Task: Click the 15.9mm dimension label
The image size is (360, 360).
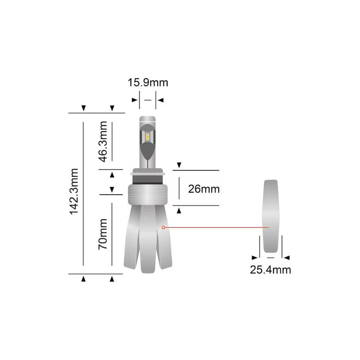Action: coord(148,82)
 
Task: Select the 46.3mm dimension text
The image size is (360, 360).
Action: coord(103,141)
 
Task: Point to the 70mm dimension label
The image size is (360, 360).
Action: coord(103,234)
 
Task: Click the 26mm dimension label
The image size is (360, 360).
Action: coord(204,189)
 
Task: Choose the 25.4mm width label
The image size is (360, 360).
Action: coord(270,269)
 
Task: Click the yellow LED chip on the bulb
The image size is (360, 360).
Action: coord(148,135)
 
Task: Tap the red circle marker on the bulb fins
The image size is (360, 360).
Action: coord(164,226)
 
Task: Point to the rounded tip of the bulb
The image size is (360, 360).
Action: coord(148,119)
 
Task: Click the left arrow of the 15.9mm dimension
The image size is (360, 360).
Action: coord(134,100)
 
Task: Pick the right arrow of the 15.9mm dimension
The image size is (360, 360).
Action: coord(160,100)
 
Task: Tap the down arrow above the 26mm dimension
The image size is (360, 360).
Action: coord(179,165)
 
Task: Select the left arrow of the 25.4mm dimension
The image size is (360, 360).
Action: coord(254,257)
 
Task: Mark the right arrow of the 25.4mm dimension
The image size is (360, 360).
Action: coord(287,257)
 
